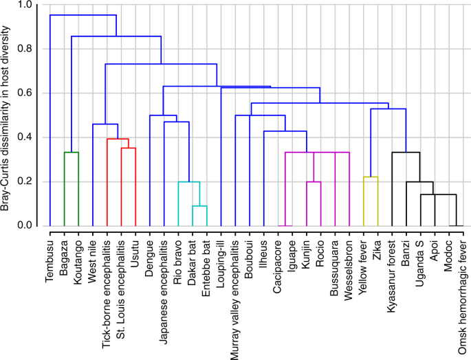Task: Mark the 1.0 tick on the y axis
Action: click(24, 5)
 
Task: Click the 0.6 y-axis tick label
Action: click(24, 93)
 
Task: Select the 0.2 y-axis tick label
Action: click(24, 182)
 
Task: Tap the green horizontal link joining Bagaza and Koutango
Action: click(72, 153)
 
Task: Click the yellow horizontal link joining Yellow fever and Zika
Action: click(371, 177)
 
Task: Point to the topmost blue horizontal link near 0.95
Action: click(83, 15)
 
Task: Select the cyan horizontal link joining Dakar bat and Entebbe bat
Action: click(199, 206)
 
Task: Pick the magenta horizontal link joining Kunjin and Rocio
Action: click(314, 182)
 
